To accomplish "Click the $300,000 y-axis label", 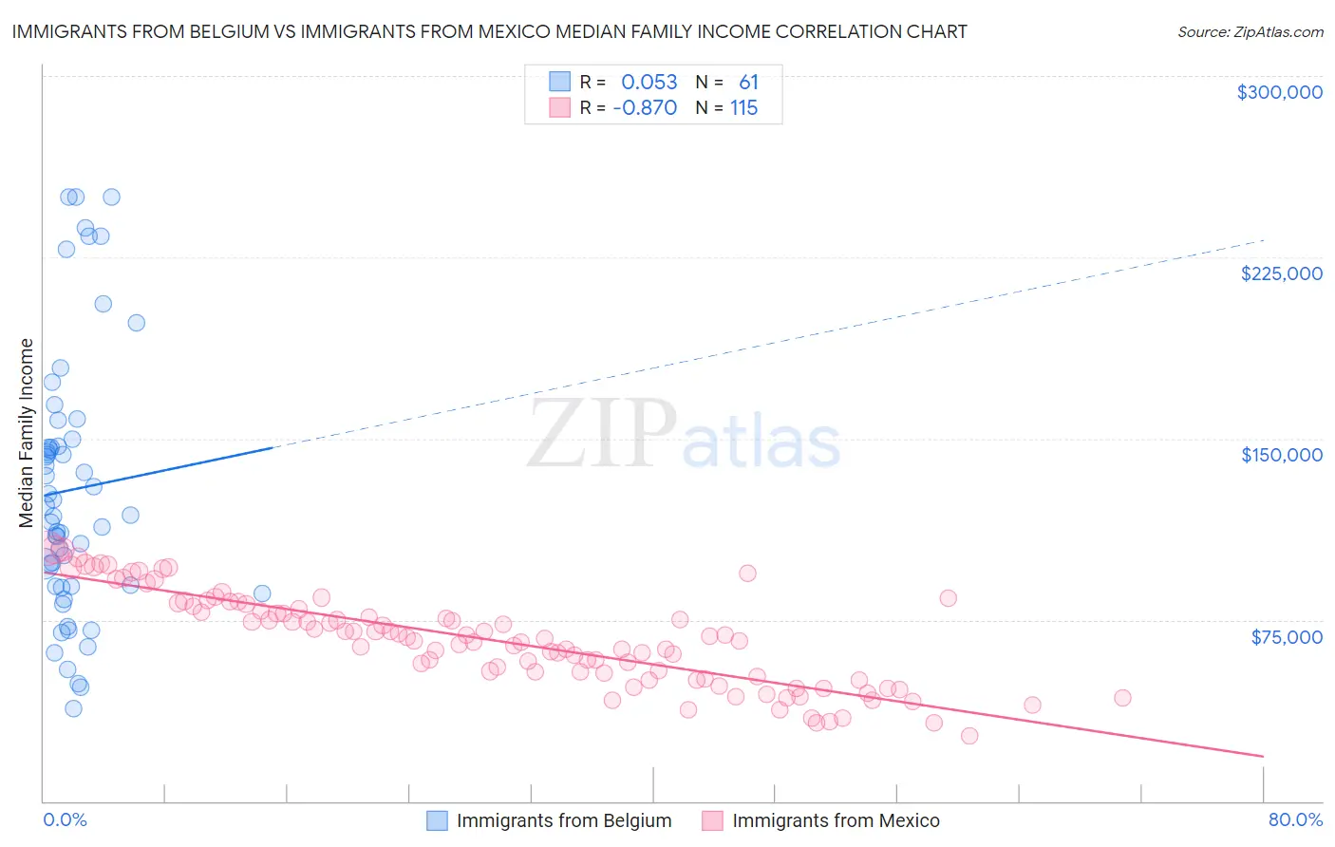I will pyautogui.click(x=1279, y=92).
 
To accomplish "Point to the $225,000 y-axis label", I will pyautogui.click(x=1281, y=273).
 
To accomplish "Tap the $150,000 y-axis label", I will pyautogui.click(x=1281, y=455).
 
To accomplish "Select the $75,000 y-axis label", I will pyautogui.click(x=1286, y=637).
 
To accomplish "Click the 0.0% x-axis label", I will pyautogui.click(x=65, y=819).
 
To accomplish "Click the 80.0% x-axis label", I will pyautogui.click(x=1295, y=819).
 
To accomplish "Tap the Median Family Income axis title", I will pyautogui.click(x=27, y=433).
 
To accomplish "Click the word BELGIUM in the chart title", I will pyautogui.click(x=189, y=31).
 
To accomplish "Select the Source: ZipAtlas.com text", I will pyautogui.click(x=1250, y=32).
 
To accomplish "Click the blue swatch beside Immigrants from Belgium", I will pyautogui.click(x=437, y=820).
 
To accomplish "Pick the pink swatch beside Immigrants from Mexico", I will pyautogui.click(x=712, y=820).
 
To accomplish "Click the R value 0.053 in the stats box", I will pyautogui.click(x=649, y=83).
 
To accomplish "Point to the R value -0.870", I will pyautogui.click(x=645, y=108).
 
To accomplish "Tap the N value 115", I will pyautogui.click(x=743, y=108).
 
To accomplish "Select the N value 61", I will pyautogui.click(x=748, y=83).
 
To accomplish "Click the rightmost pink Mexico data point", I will pyautogui.click(x=1122, y=698).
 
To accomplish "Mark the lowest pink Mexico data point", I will pyautogui.click(x=968, y=736).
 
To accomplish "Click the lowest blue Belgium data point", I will pyautogui.click(x=73, y=708).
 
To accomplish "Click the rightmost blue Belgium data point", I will pyautogui.click(x=262, y=593).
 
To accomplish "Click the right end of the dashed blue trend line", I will pyautogui.click(x=1264, y=240).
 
